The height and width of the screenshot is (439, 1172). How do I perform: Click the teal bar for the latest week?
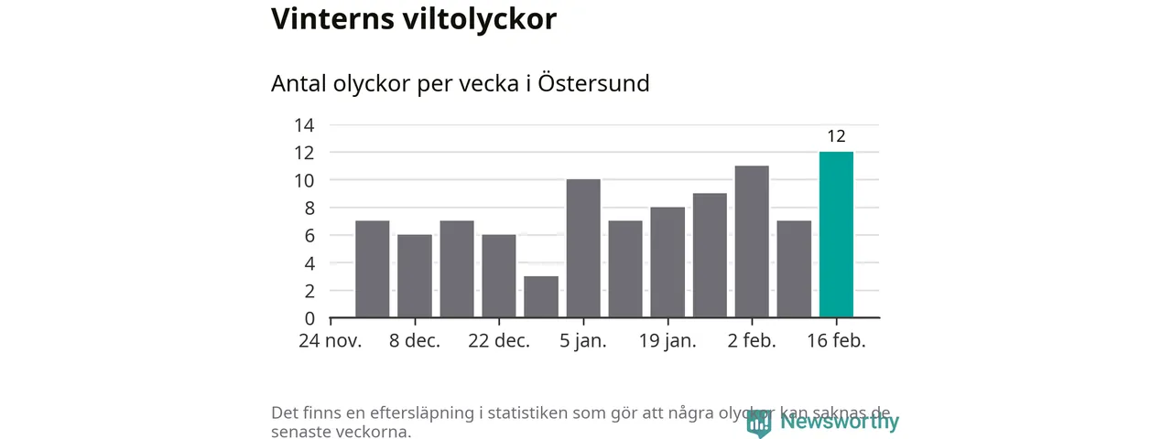pos(836,235)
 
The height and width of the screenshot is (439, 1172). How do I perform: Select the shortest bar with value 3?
pos(541,296)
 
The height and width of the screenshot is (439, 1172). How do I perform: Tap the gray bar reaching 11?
pos(752,241)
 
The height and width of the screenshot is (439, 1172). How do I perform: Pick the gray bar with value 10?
pos(583,249)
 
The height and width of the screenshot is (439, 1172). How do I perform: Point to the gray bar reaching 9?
pos(710,255)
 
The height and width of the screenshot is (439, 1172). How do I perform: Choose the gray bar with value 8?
pos(667,262)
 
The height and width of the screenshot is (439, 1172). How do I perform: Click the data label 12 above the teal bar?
pos(836,137)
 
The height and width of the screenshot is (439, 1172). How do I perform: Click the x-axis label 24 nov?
pos(331,341)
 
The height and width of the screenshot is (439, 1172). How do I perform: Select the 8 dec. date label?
pos(415,341)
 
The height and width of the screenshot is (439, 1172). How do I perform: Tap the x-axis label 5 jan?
pos(583,341)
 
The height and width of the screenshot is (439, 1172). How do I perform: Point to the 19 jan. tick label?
pos(667,341)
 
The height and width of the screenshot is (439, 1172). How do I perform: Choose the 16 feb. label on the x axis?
pos(836,341)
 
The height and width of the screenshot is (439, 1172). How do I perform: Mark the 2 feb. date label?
pos(752,341)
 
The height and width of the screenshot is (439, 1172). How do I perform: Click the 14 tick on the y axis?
pos(304,125)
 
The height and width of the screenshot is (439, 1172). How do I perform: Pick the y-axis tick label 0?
pos(309,318)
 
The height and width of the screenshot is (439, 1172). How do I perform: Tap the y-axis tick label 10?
pos(304,180)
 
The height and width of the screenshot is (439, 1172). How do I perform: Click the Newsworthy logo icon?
pos(758,423)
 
